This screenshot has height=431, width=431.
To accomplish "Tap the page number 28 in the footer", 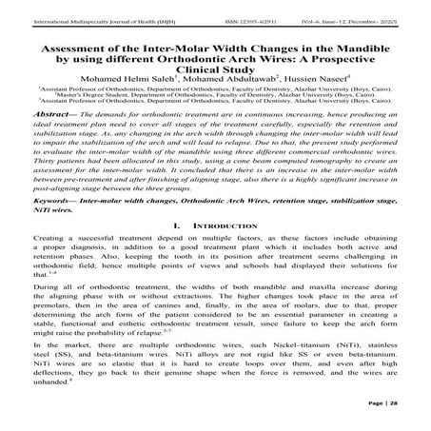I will (415, 406).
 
